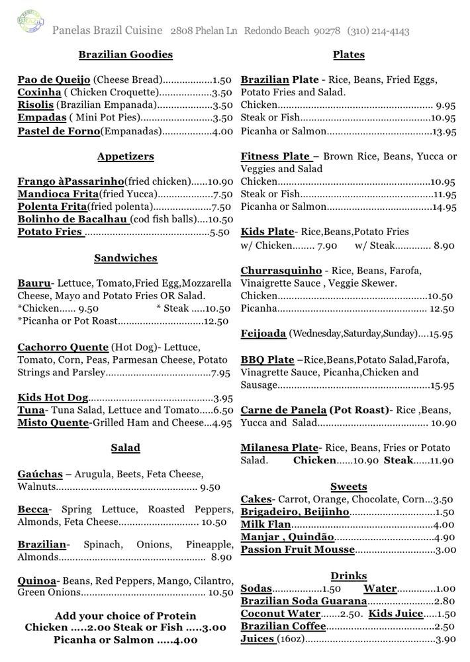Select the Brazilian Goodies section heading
pos(126,55)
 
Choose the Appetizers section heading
pos(125,157)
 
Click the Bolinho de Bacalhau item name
pos(72,219)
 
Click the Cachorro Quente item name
pos(63,347)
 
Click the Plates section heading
pos(349,55)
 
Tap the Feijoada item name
pos(263,334)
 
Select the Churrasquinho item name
pos(281,271)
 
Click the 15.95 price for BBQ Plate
pos(442,385)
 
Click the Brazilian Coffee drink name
pos(283,626)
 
